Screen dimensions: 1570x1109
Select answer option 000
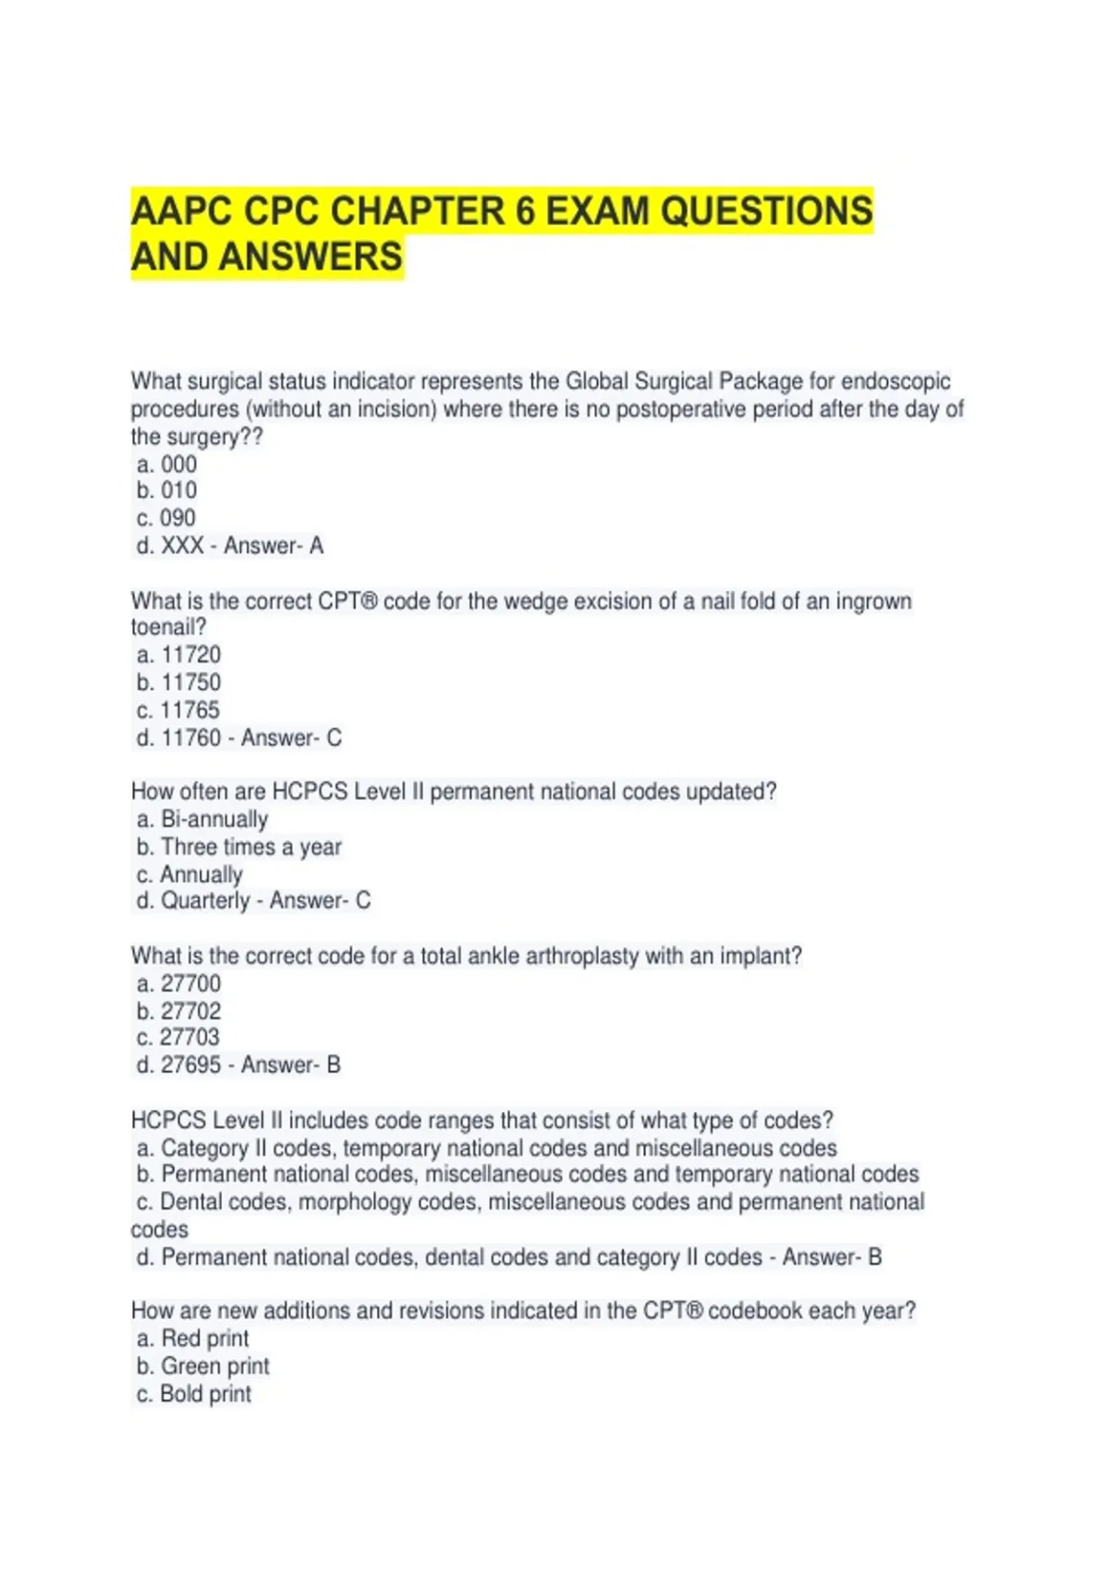coord(178,464)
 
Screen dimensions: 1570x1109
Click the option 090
coord(178,518)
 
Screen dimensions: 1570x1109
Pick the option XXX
coord(182,546)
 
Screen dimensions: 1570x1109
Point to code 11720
coord(191,655)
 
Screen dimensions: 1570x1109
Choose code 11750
coord(191,682)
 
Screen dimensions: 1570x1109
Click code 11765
coord(190,710)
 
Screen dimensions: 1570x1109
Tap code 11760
coord(191,738)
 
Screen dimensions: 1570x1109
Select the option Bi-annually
coord(214,819)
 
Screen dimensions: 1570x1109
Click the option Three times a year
coord(251,847)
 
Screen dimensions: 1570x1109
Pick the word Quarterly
coord(205,900)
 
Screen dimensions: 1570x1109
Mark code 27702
coord(191,1010)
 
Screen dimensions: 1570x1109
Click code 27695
coord(191,1065)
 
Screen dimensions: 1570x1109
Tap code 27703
coord(190,1037)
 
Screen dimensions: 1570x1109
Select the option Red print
coord(205,1338)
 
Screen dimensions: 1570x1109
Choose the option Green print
coord(215,1366)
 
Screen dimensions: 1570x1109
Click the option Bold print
coord(205,1394)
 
